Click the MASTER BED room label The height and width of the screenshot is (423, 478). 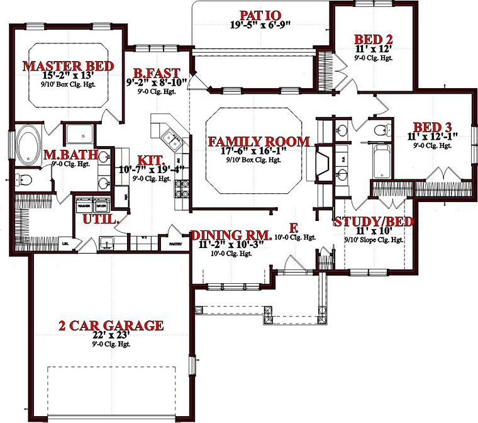click(x=68, y=65)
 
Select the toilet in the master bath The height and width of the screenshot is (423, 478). click(x=24, y=180)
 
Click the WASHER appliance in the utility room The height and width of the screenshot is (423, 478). click(x=84, y=206)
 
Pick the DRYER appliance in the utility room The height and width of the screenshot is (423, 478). click(x=101, y=206)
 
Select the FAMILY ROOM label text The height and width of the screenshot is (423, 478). click(x=258, y=141)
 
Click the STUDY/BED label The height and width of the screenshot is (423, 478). click(x=373, y=222)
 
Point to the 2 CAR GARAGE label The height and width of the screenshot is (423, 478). click(x=111, y=325)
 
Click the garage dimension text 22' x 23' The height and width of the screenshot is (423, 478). click(x=112, y=336)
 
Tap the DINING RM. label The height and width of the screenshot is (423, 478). click(x=231, y=235)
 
